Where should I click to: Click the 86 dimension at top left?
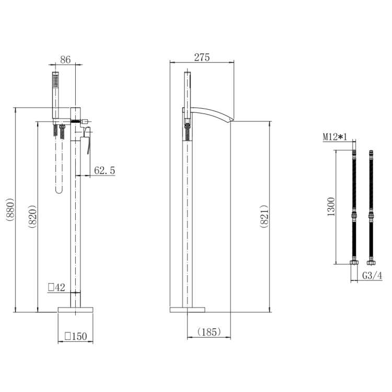pyautogui.click(x=66, y=60)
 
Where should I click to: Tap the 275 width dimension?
pyautogui.click(x=202, y=57)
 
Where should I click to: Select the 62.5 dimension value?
pyautogui.click(x=105, y=170)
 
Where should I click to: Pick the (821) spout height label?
pyautogui.click(x=264, y=216)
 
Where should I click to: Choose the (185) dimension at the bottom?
pyautogui.click(x=209, y=331)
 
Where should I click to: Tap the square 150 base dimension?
pyautogui.click(x=75, y=337)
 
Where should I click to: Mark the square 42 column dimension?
pyautogui.click(x=56, y=286)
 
